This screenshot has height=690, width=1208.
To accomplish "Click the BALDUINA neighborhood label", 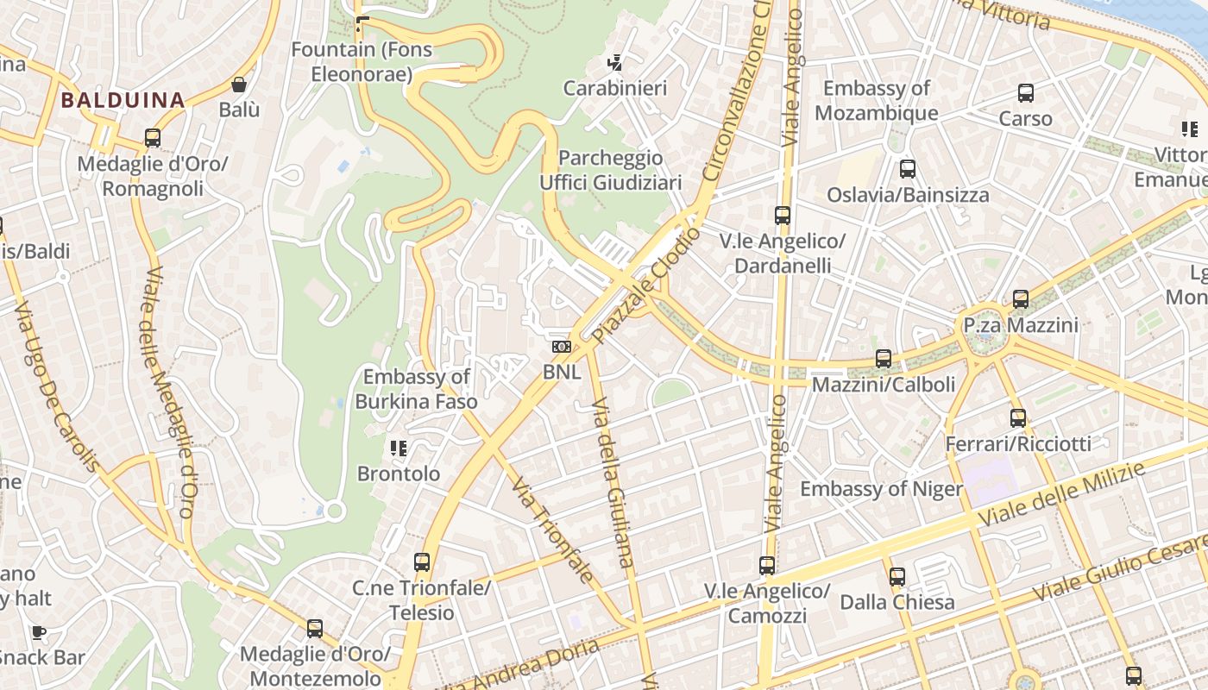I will tap(123, 100).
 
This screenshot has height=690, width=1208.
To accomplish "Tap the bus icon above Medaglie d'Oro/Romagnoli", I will tap(153, 138).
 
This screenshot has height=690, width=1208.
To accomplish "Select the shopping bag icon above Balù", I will tap(239, 85).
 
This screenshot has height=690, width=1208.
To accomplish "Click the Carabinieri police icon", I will tap(615, 62).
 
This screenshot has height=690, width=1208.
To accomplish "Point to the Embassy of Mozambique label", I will tap(876, 100).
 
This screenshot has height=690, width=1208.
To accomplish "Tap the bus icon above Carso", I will tap(1026, 93).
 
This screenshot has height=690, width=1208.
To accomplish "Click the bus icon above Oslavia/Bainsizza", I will tap(907, 169).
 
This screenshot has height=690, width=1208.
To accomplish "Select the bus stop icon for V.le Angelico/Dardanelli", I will tap(783, 216).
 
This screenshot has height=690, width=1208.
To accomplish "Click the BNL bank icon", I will tap(562, 347).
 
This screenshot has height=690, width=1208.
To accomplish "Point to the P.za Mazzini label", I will tap(1021, 325).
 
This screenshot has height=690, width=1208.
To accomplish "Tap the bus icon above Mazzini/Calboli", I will tap(884, 359).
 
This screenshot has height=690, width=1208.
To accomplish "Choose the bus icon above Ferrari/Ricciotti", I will tap(1018, 418).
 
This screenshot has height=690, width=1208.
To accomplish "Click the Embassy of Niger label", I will tap(881, 489).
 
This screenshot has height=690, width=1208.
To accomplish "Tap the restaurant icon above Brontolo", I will tap(399, 448).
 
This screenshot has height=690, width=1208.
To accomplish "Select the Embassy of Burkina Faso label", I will tap(416, 389).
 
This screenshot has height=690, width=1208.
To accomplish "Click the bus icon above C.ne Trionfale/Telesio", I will tap(422, 562).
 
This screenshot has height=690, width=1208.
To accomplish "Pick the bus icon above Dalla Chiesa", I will tap(897, 576).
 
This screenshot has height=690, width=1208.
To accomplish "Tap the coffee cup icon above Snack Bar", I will tap(39, 632).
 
